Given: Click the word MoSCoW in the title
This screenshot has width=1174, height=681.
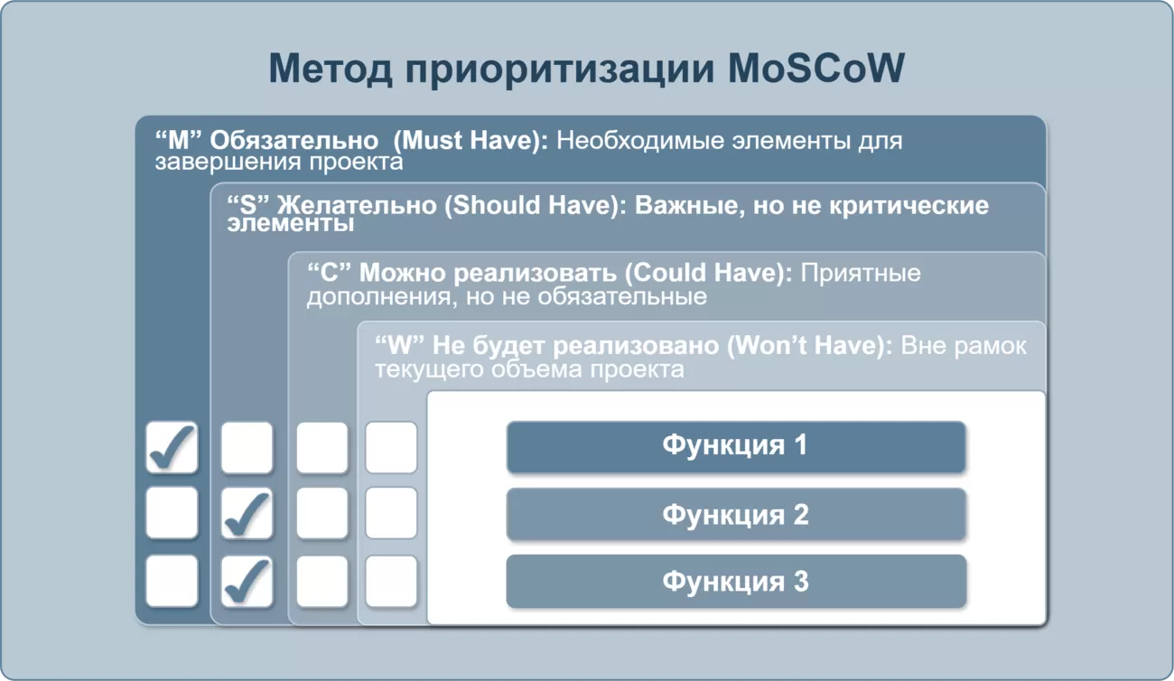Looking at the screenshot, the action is [816, 68].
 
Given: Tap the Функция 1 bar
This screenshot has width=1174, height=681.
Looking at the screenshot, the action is [736, 447].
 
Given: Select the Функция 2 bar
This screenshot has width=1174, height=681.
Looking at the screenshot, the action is [736, 514].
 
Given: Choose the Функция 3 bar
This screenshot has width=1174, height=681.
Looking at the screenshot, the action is [736, 581].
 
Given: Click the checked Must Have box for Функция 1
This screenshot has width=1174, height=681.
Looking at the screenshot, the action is [172, 447].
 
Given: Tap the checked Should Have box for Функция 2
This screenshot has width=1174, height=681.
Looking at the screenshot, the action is [247, 513].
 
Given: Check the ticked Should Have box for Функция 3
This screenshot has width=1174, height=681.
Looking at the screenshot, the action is [247, 582].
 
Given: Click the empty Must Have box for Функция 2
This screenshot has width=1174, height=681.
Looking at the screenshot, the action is [172, 513].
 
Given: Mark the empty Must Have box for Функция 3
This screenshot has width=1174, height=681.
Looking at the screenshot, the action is [172, 582].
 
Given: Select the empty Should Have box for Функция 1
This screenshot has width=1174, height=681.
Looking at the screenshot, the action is [247, 447].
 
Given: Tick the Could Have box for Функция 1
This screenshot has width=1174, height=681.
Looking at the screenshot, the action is [321, 447].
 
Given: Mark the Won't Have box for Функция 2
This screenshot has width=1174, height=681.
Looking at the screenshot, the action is [391, 513].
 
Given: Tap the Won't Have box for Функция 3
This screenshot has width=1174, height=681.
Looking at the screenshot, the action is [391, 582].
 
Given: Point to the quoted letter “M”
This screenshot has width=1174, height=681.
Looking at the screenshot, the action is [179, 140].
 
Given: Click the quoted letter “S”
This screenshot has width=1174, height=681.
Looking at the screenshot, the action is [248, 204].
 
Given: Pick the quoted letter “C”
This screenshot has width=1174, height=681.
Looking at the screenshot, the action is [329, 273].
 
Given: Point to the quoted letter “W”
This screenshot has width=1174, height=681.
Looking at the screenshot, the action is [400, 346].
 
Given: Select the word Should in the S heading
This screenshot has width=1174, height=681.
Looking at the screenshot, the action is [497, 204].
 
